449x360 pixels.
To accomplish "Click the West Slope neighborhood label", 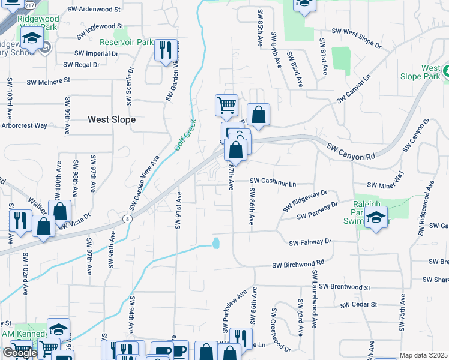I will [x=112, y=119].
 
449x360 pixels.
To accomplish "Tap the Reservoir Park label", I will [x=127, y=43].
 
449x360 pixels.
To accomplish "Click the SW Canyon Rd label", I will [x=351, y=151].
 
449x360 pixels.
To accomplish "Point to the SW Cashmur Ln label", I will [x=273, y=181].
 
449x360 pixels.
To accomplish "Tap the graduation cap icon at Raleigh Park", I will [x=376, y=217].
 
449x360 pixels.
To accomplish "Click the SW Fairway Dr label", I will [x=310, y=243].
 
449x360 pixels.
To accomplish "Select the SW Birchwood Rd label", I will [x=298, y=263].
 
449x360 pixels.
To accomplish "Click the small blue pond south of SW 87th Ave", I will [x=216, y=243].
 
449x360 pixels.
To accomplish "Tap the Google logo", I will [x=20, y=353].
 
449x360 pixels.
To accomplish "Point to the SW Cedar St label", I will [x=358, y=305].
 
